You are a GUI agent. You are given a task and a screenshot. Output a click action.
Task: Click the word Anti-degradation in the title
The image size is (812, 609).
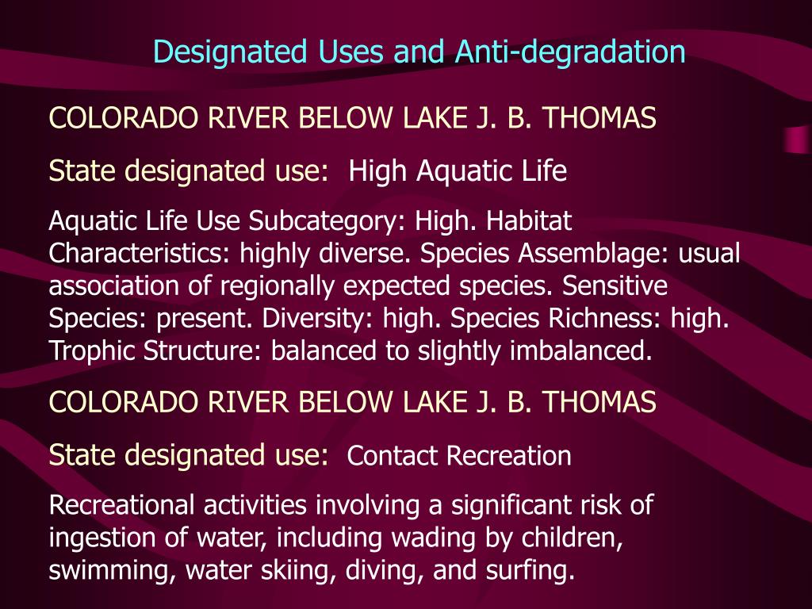[570, 52]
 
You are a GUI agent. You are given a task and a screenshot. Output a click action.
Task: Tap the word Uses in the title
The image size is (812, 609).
[350, 52]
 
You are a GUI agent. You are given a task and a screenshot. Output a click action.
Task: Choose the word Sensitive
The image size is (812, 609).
[615, 285]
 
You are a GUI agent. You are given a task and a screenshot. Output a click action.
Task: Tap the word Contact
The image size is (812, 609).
[393, 456]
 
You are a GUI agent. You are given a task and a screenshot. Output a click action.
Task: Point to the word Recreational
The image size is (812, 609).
[120, 505]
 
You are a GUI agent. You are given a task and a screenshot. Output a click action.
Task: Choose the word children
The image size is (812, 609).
[573, 538]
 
